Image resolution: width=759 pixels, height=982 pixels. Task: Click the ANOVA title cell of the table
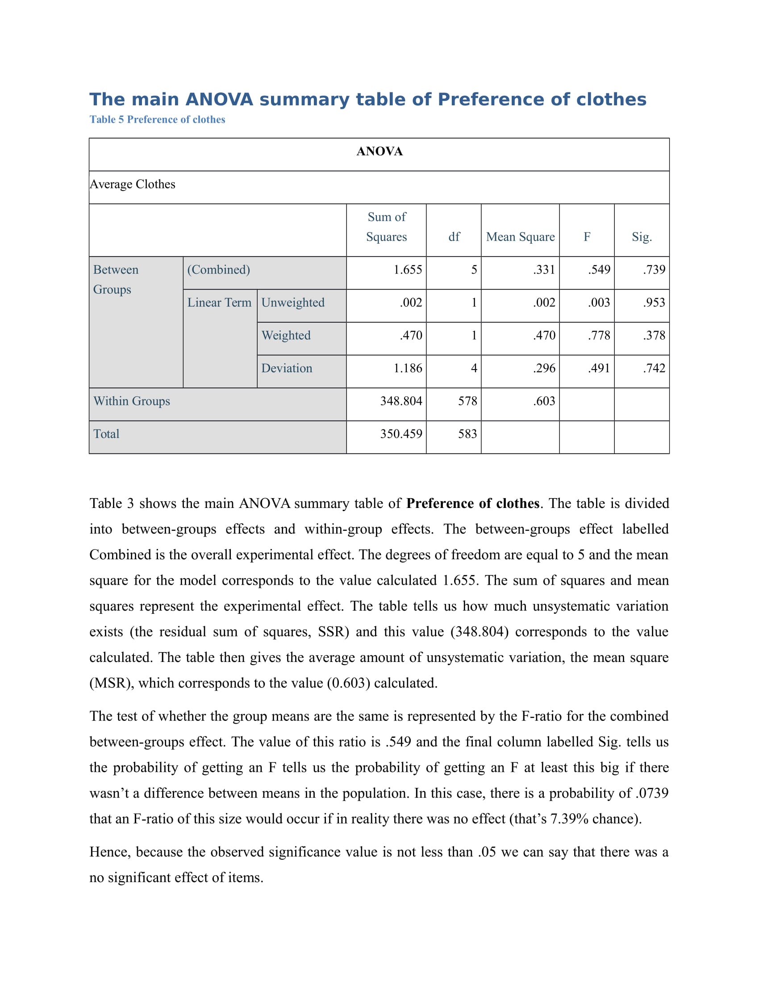pos(379,151)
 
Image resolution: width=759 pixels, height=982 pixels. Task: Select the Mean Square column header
pos(520,237)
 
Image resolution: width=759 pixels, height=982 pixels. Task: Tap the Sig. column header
pos(641,237)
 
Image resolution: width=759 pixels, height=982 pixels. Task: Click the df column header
pos(454,237)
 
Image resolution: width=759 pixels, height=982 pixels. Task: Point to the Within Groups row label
pos(131,401)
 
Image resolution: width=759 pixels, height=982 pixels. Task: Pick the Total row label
pos(106,433)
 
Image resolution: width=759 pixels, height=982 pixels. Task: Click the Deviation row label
pos(287,368)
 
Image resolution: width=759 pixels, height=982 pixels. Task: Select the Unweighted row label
pos(293,302)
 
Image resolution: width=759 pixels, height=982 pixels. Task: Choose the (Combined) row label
pos(218,269)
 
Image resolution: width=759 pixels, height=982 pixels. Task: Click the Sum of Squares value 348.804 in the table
pos(400,401)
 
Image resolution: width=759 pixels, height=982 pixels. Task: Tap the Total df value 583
pos(467,433)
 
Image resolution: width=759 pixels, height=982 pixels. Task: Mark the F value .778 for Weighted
pos(598,335)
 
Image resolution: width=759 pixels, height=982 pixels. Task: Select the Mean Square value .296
pos(544,368)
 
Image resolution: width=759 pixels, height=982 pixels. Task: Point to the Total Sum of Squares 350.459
pos(400,433)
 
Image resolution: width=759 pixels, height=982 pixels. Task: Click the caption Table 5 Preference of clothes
pos(157,120)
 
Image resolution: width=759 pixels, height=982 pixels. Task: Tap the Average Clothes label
pos(132,184)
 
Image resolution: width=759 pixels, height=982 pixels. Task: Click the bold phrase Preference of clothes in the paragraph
pos(472,503)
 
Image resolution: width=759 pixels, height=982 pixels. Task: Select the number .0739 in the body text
pos(651,793)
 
